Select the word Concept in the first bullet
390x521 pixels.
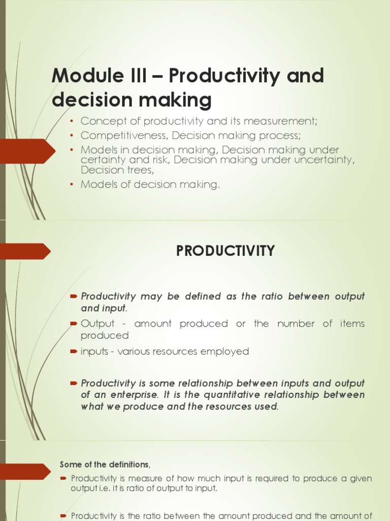coord(99,121)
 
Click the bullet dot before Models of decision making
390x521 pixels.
coord(72,184)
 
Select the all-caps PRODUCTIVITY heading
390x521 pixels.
coord(225,251)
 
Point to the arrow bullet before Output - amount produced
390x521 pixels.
coord(74,324)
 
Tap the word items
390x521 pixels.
coord(352,324)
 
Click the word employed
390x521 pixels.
coord(226,352)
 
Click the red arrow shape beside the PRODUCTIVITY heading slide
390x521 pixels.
coord(25,251)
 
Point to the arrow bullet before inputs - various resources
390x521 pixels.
coord(74,352)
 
